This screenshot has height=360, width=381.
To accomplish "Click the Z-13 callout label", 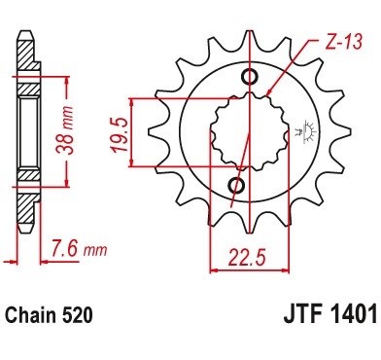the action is [x=343, y=42].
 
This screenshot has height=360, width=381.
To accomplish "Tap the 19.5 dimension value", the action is [x=119, y=134].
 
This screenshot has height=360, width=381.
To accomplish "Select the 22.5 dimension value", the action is [x=247, y=258].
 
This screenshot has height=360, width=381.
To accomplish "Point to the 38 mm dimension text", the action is [x=64, y=129].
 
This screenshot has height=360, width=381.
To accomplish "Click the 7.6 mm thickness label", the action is [x=79, y=250].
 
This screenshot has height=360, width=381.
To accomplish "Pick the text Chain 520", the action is [x=49, y=314].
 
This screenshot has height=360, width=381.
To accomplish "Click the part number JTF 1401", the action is [x=330, y=314].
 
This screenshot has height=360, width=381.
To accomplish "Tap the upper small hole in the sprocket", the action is [x=250, y=77].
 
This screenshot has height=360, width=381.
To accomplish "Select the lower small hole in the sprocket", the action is [x=236, y=185].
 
